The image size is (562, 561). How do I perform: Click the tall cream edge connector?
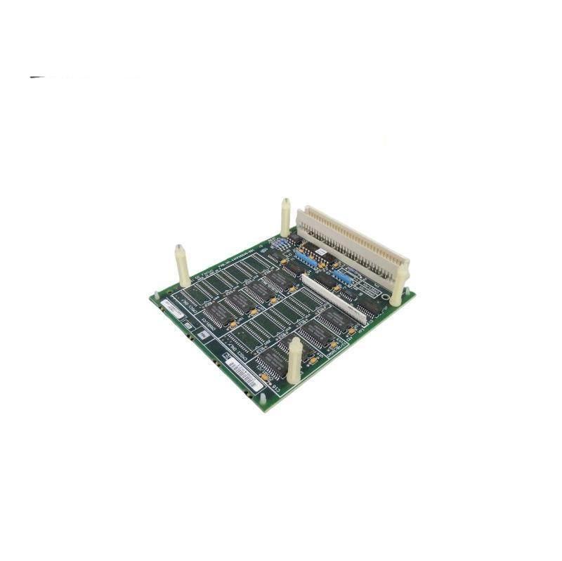click(351, 242)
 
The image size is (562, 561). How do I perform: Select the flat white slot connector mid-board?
click(333, 298)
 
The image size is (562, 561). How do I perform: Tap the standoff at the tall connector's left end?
click(285, 218)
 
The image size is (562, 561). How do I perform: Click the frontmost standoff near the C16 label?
click(295, 359)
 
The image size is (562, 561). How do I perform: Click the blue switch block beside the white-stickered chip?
click(303, 258)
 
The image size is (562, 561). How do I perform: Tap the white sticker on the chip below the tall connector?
click(320, 251)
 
